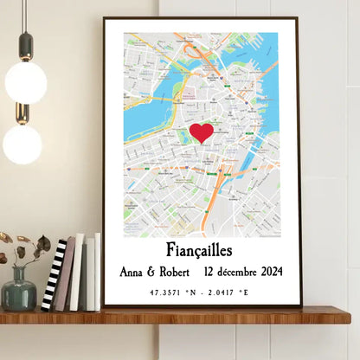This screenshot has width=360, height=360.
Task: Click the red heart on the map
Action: pos(201,132)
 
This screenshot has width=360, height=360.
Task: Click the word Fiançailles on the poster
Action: pos(201,252)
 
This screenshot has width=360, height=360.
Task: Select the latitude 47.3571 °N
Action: pos(170,292)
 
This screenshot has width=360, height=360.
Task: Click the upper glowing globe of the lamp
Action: pos(25,81)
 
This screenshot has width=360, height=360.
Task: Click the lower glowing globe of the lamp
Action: pos(22,144)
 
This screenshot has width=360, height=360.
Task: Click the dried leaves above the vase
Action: pos(22,247)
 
